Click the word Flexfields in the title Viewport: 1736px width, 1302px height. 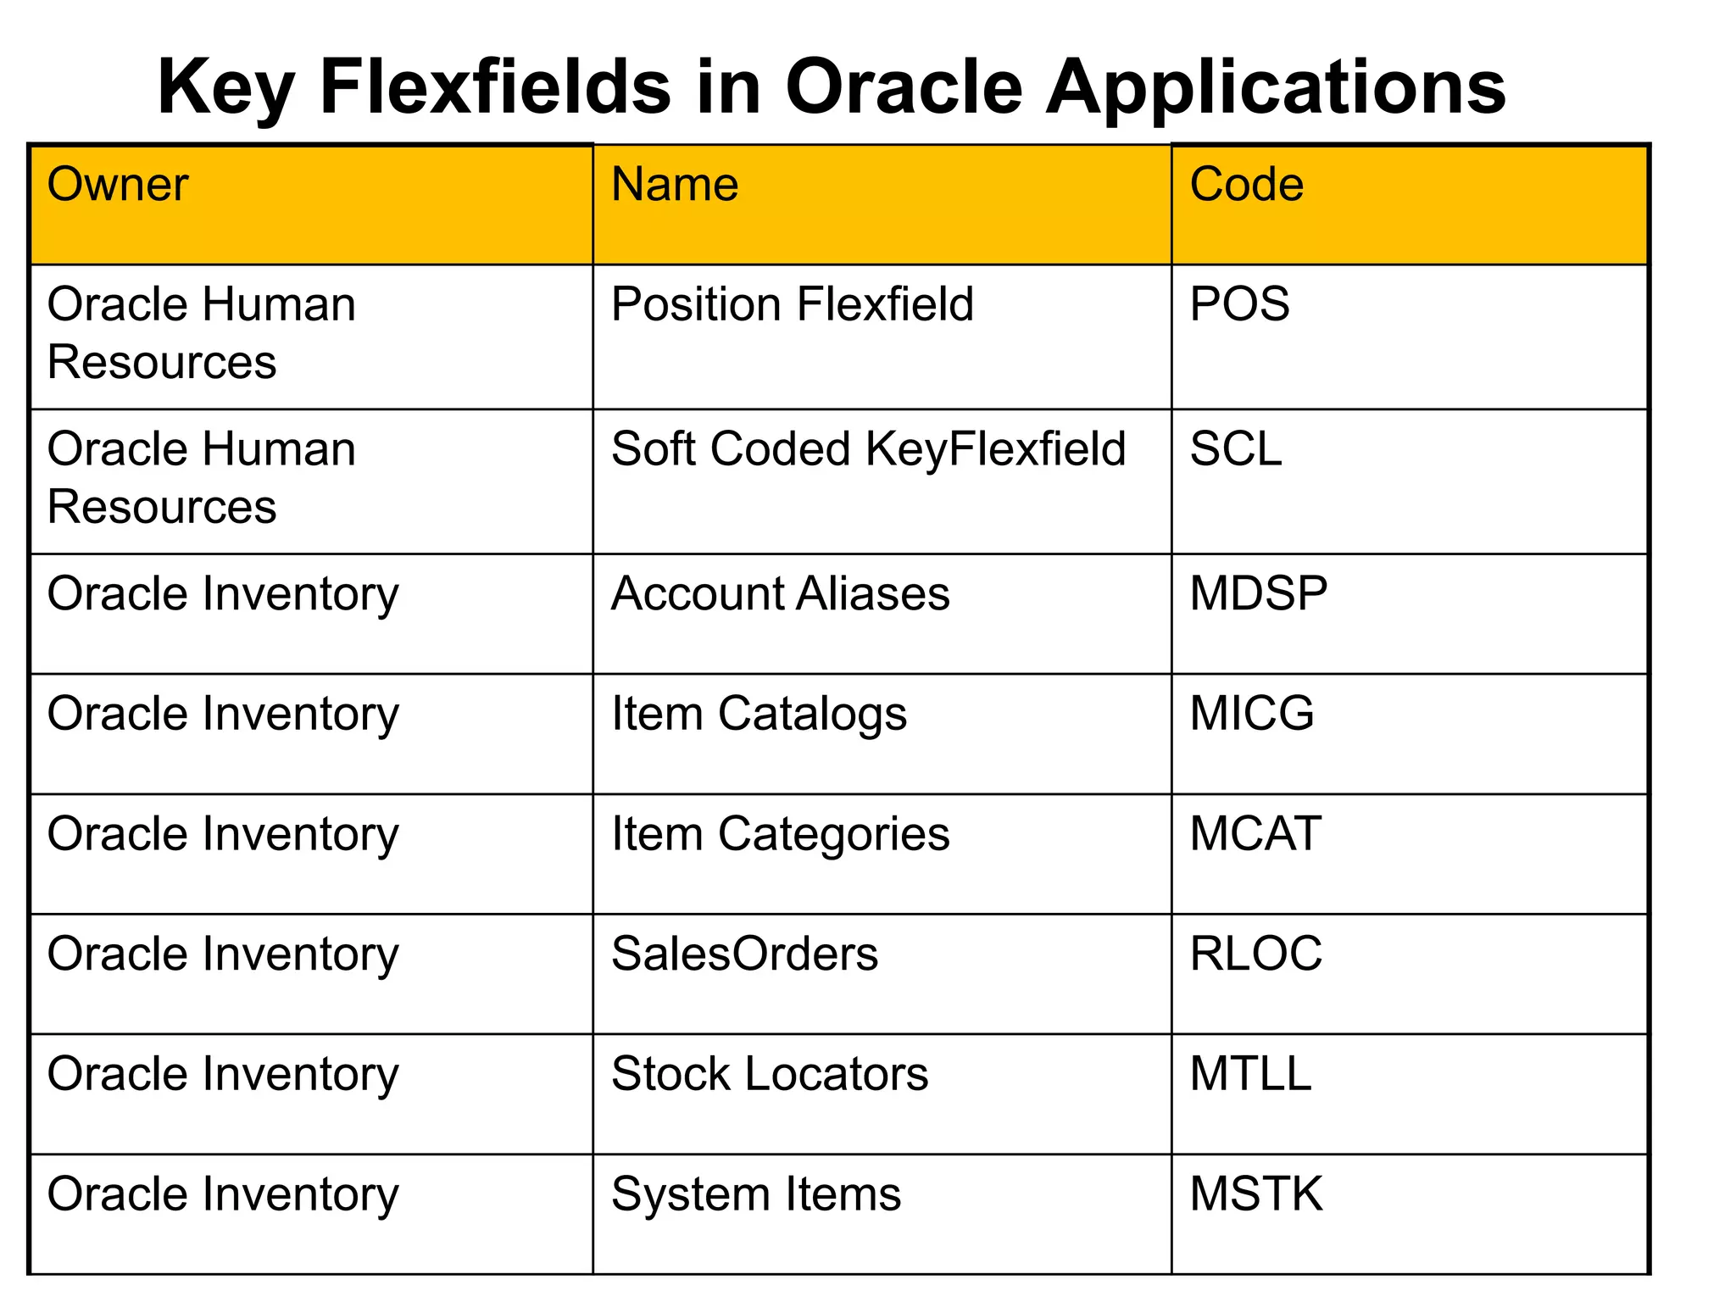click(495, 87)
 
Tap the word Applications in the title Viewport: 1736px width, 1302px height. click(1276, 87)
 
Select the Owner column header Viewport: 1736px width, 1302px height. click(117, 185)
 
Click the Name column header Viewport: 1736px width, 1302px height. click(675, 185)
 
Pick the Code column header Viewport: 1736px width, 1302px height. click(1246, 185)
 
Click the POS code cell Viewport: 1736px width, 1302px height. click(1239, 304)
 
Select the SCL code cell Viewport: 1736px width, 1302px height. click(1236, 449)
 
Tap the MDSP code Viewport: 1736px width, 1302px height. click(1259, 593)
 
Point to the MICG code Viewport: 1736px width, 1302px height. click(1252, 714)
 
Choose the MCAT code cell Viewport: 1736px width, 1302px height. click(1255, 834)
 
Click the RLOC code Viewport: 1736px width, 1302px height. click(1255, 954)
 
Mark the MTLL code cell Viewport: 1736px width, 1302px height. click(1250, 1074)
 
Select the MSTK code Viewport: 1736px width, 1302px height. click(1255, 1194)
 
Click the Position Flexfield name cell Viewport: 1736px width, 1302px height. click(793, 304)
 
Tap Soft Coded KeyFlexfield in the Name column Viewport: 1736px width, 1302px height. click(868, 449)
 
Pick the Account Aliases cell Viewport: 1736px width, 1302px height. click(780, 593)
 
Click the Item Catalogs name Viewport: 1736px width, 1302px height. click(759, 714)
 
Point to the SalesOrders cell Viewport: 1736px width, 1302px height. click(744, 954)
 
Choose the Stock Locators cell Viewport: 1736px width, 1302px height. click(770, 1074)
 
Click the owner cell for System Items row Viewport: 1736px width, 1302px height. click(223, 1194)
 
